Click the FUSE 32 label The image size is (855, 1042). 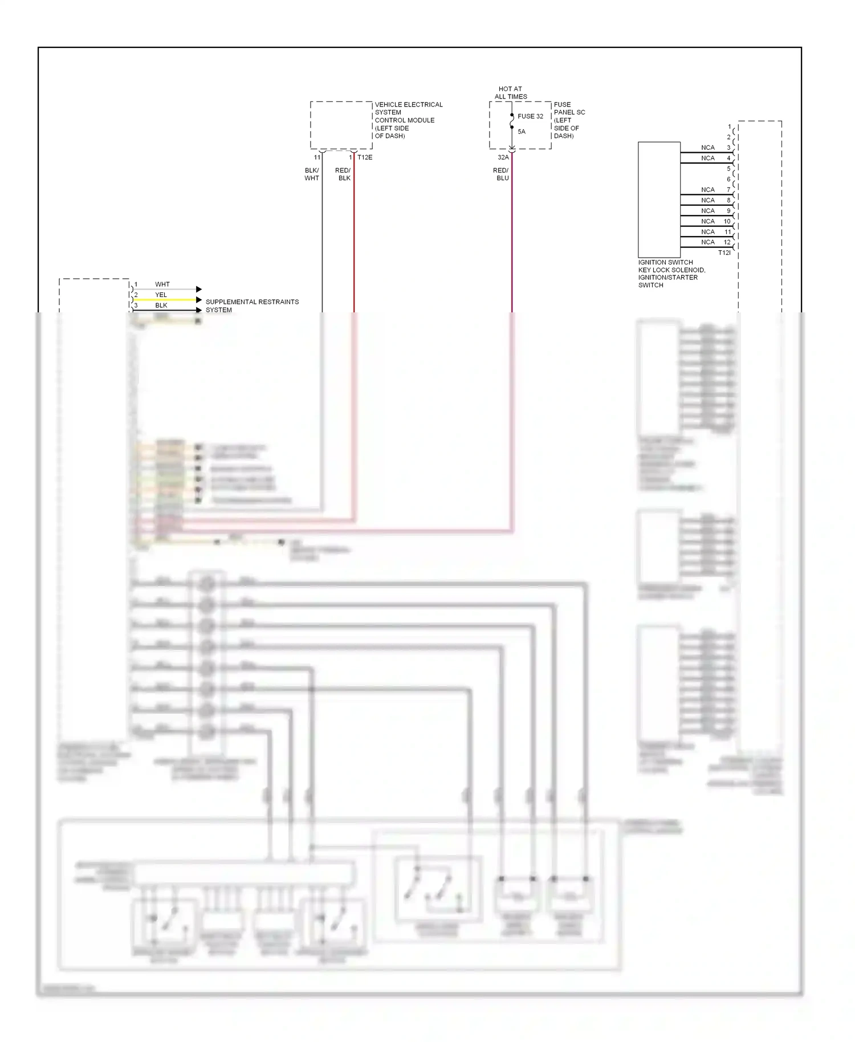point(530,116)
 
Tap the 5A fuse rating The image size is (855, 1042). point(522,132)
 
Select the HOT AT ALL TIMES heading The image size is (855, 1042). point(511,93)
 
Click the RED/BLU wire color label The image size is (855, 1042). point(501,174)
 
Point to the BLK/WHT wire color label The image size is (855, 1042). point(312,174)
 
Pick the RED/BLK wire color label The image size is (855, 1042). point(343,174)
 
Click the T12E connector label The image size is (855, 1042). point(365,157)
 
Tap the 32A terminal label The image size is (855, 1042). point(503,157)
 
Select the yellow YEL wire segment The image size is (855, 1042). point(165,300)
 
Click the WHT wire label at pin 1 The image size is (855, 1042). point(162,284)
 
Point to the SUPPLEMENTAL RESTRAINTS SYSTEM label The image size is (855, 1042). point(252,306)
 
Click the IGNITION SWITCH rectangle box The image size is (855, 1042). point(659,200)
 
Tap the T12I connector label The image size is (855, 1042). point(724,253)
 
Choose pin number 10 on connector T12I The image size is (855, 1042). point(727,221)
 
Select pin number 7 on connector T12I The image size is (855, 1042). point(728,189)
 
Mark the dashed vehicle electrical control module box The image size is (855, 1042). point(341,125)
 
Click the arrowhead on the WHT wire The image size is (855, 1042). point(199,289)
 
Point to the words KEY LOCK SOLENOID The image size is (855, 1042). point(671,270)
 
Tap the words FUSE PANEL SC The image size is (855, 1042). point(569,108)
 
